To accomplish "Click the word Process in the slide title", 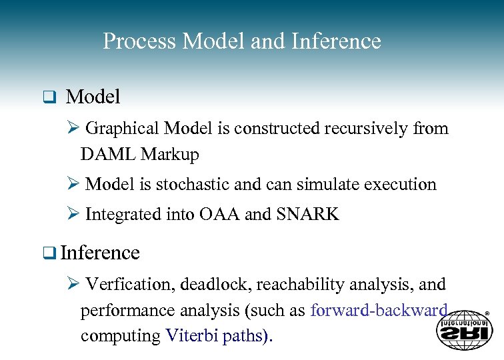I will click(x=140, y=42).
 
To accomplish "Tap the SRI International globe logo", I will click(x=464, y=329).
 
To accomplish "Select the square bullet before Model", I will click(x=48, y=98).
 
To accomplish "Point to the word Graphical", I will click(x=123, y=128).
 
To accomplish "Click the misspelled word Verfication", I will click(x=130, y=285).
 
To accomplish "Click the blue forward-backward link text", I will click(x=379, y=311).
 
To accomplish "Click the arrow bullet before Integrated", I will click(x=75, y=215).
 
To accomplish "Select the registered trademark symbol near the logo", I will click(x=487, y=313).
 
